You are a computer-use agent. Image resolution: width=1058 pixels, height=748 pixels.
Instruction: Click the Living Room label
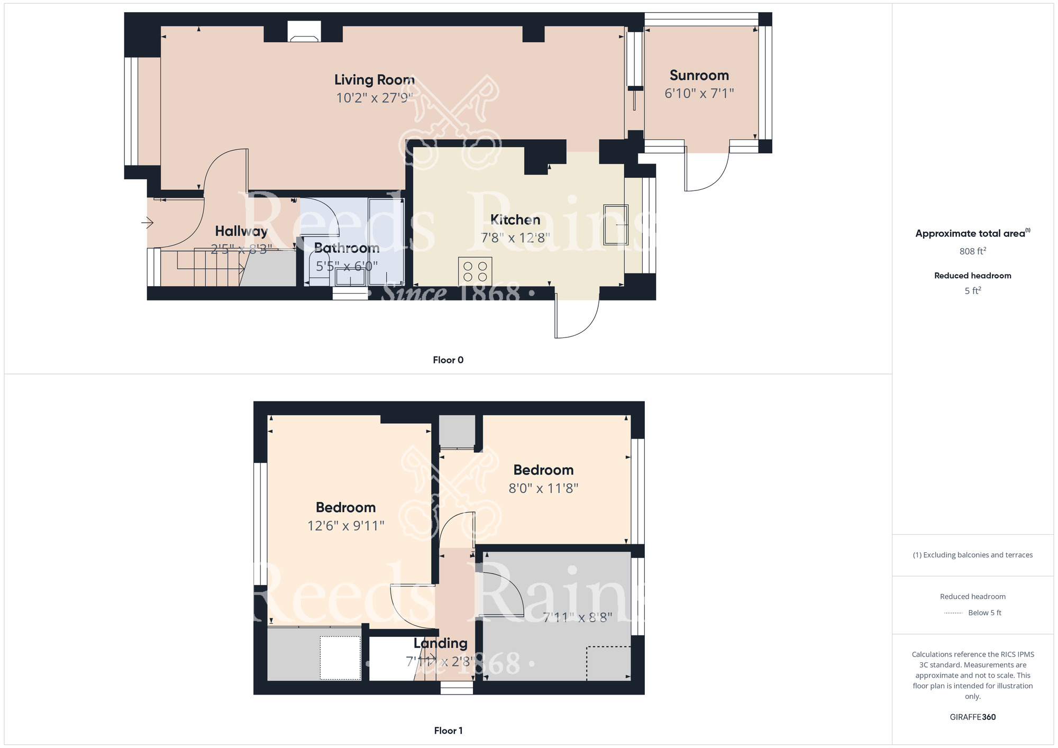click(x=374, y=80)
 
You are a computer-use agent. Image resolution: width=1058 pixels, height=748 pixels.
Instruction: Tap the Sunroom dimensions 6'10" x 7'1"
click(x=699, y=94)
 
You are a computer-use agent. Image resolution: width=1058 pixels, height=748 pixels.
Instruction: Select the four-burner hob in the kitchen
click(x=475, y=271)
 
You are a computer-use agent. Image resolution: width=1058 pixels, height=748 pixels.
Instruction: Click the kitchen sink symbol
click(x=616, y=225)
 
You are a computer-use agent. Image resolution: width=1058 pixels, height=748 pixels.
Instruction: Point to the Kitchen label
click(x=515, y=220)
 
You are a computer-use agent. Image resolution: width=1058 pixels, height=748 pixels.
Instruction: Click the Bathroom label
click(x=346, y=248)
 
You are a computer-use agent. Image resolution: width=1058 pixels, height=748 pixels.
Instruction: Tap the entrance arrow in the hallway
click(x=148, y=223)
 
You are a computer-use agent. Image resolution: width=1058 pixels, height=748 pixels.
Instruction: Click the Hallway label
click(x=241, y=231)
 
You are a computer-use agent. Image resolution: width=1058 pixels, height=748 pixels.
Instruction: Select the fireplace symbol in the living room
click(x=304, y=32)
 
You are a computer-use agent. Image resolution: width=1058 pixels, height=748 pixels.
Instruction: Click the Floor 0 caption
click(x=448, y=360)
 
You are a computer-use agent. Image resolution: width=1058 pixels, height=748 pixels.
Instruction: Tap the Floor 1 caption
click(x=448, y=731)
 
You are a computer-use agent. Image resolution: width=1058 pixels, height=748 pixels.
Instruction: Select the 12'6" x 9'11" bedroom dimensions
click(x=345, y=526)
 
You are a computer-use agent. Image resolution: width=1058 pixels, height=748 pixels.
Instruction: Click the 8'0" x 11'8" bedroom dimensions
click(x=543, y=488)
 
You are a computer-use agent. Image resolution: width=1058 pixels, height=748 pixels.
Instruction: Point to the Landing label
click(x=440, y=643)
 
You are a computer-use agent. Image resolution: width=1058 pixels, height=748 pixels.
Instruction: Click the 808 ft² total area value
click(x=972, y=251)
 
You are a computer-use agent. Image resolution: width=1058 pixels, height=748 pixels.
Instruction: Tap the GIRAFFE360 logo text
click(x=972, y=717)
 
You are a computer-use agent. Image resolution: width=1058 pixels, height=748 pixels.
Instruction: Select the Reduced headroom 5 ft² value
click(x=972, y=291)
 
